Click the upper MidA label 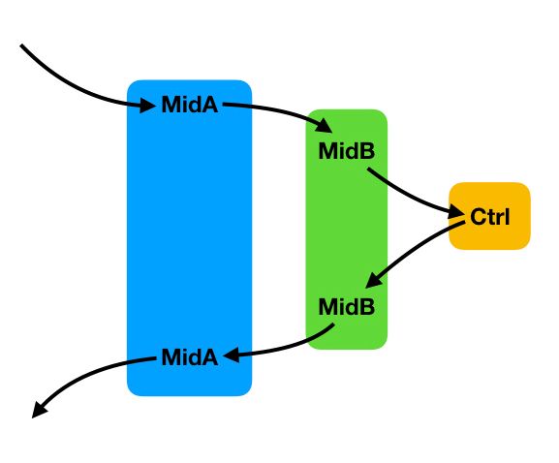189,105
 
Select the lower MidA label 189,356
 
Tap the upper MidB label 347,151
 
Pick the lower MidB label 347,306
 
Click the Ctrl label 490,216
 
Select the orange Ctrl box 489,216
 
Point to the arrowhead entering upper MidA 147,106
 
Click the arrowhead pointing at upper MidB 324,126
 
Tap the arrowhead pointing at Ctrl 456,212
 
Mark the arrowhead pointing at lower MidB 374,280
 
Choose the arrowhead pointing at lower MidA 231,355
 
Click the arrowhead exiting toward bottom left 39,410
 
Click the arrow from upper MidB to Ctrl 410,196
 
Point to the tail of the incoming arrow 21,46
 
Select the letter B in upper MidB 368,151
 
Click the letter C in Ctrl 478,216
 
